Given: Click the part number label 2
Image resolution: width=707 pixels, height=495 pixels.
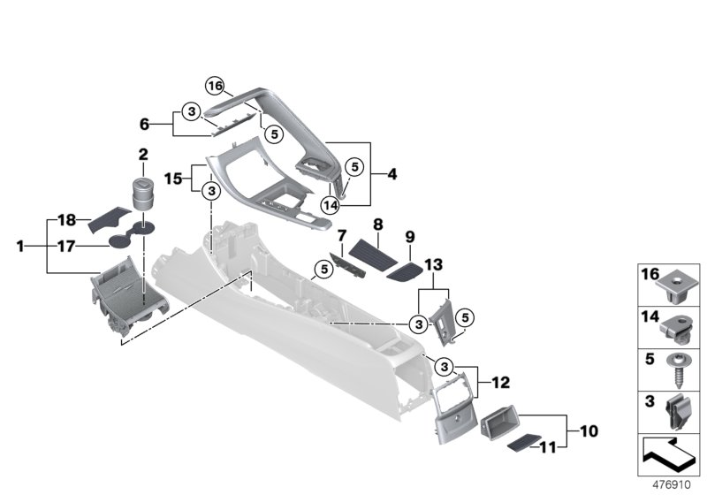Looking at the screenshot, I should [x=142, y=155].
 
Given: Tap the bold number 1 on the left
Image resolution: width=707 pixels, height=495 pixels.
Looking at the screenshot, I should [x=20, y=247].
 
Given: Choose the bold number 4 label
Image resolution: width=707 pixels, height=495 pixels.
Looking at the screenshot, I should [x=392, y=175].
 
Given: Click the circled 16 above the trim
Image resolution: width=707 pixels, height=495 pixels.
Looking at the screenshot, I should [x=216, y=86].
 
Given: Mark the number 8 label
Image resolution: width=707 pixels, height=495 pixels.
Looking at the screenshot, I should [x=377, y=225].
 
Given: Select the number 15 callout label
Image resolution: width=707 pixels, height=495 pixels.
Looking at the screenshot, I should [x=173, y=178].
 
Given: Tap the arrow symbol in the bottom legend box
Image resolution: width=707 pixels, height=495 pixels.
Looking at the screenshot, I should [x=669, y=457].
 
